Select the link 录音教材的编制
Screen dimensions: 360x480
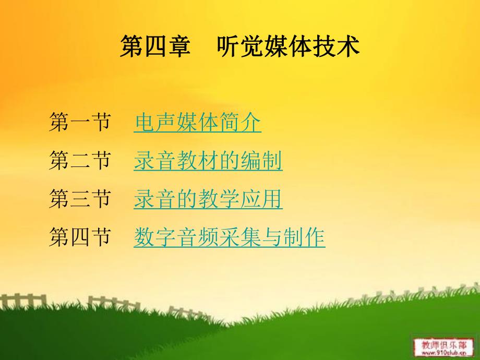click(x=208, y=161)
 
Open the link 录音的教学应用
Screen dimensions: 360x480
click(x=208, y=199)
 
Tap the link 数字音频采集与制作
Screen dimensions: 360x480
click(x=229, y=237)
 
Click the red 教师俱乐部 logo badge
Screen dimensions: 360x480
click(x=440, y=344)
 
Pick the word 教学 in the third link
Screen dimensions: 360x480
click(x=219, y=199)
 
